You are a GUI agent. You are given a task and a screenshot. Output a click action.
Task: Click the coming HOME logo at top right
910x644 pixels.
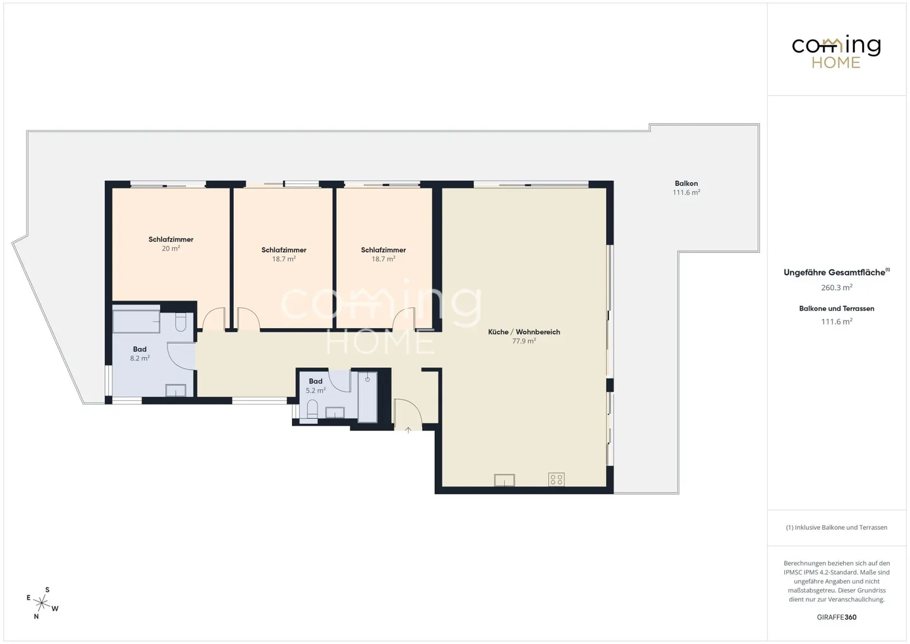coord(836,52)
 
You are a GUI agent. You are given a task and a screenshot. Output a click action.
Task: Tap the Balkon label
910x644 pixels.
coord(686,183)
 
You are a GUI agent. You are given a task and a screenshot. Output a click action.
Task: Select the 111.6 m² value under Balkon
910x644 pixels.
coord(686,193)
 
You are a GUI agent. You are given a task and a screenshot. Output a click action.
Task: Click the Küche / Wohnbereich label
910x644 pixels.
coord(524,332)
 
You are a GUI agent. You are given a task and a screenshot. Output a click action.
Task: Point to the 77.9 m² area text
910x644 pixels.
coord(524,341)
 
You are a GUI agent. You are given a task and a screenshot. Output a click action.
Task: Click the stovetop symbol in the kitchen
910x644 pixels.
coord(556,479)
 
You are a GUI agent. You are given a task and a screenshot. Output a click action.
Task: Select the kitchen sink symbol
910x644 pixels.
coord(504,480)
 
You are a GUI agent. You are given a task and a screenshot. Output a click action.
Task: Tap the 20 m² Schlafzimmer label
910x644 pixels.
coord(171,240)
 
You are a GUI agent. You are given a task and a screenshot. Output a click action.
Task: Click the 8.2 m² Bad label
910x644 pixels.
coord(140,349)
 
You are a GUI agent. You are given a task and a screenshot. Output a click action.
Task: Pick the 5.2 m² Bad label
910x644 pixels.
coord(315,381)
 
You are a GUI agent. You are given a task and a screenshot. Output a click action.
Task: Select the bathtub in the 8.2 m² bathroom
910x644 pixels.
coord(136,321)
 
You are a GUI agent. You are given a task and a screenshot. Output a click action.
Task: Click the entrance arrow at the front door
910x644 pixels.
coord(408,430)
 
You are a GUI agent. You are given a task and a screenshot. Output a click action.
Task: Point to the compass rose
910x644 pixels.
coord(42,603)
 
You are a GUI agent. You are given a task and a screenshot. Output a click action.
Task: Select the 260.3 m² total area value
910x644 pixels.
coord(836,288)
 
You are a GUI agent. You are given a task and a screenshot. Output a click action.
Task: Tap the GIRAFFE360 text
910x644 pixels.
coord(836,617)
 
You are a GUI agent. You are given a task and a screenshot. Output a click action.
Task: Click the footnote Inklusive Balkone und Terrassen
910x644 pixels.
coord(836,528)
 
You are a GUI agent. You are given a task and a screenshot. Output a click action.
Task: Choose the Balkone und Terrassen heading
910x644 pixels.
coord(836,308)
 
